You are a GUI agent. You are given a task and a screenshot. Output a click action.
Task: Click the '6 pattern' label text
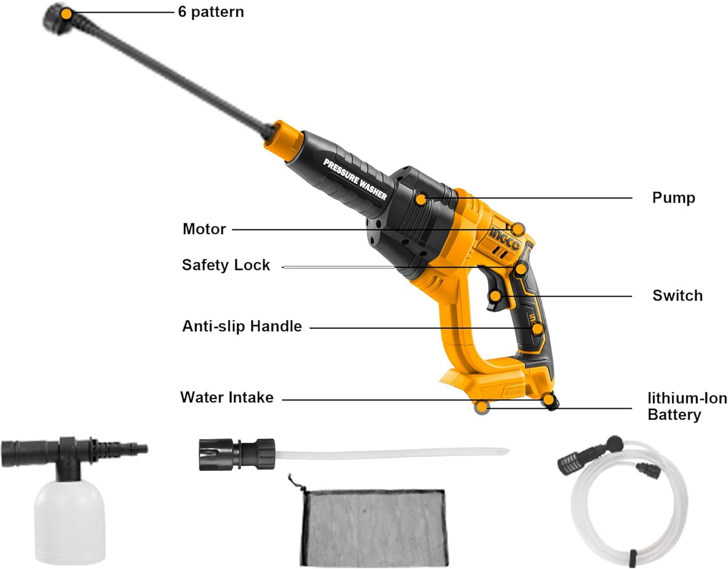pyautogui.click(x=211, y=12)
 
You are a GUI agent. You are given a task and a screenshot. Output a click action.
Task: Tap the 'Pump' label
pyautogui.click(x=673, y=198)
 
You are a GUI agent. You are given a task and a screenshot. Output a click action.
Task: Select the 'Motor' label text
pyautogui.click(x=204, y=229)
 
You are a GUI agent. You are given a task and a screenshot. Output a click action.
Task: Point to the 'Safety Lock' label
pyautogui.click(x=226, y=265)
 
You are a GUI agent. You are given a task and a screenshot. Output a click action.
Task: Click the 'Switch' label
pyautogui.click(x=678, y=295)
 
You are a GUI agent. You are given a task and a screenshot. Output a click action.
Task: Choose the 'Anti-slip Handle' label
pyautogui.click(x=242, y=326)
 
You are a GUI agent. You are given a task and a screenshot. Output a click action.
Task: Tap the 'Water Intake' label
pyautogui.click(x=227, y=397)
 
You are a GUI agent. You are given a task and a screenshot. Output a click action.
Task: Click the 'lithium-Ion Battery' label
pyautogui.click(x=687, y=406)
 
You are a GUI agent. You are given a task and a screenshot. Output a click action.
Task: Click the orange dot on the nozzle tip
pyautogui.click(x=67, y=14)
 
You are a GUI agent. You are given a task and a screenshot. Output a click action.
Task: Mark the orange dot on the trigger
pyautogui.click(x=496, y=295)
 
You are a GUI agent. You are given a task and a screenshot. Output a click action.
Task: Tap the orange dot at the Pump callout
pyautogui.click(x=421, y=200)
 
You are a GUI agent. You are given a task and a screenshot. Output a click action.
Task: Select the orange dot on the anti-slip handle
pyautogui.click(x=537, y=329)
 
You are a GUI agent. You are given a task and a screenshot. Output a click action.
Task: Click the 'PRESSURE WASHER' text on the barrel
pyautogui.click(x=355, y=180)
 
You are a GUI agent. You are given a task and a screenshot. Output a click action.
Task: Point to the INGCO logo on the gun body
pyautogui.click(x=505, y=239)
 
